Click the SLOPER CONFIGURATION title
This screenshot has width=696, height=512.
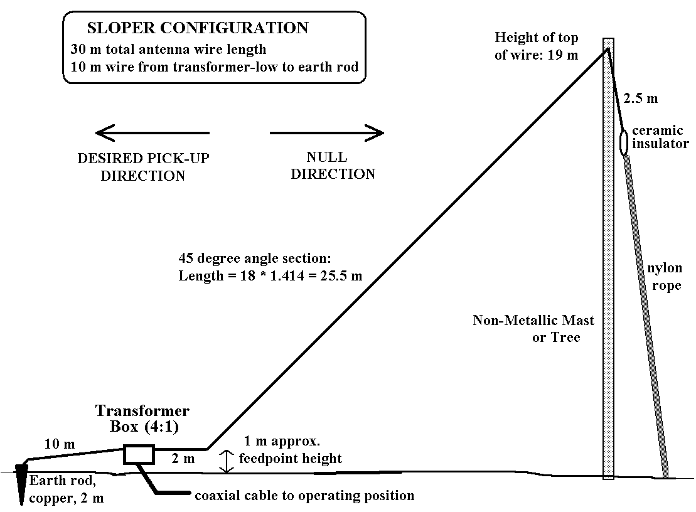198,28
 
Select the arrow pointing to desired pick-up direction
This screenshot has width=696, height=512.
152,132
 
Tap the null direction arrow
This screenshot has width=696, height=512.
326,132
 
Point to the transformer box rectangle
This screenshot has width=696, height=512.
139,454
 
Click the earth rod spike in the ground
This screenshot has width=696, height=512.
23,483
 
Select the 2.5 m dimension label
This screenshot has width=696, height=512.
641,99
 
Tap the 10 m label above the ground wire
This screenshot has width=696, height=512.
59,444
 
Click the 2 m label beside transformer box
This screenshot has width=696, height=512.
185,460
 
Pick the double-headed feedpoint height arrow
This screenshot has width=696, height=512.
223,461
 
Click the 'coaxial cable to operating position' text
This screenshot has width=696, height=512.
304,496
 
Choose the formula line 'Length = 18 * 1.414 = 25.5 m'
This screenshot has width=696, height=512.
270,276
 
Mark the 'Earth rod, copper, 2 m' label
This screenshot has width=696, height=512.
67,489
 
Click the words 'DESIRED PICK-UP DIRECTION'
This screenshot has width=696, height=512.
143,166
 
